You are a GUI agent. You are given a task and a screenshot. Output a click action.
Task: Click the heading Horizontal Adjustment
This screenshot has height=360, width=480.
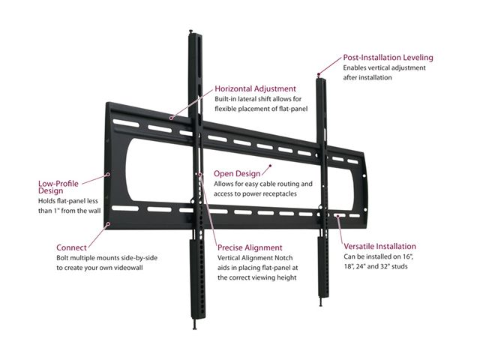[255, 88]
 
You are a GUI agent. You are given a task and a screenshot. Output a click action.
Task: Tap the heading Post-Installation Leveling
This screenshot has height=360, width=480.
[388, 57]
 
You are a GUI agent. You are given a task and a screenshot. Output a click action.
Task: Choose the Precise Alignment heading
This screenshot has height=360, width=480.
[250, 247]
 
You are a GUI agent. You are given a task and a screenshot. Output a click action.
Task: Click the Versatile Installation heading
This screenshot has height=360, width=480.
[379, 246]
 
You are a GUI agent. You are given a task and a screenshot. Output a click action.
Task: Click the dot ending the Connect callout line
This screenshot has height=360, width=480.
[109, 223]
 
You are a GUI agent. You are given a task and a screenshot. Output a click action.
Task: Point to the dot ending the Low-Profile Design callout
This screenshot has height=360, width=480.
[109, 174]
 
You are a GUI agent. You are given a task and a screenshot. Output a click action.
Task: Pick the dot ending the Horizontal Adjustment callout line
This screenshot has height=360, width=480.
[171, 117]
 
